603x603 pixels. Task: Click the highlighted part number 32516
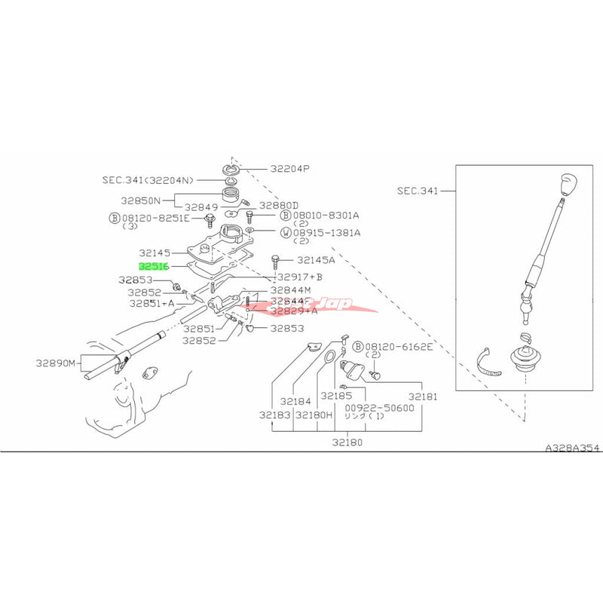pos(153,266)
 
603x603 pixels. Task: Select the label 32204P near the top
pos(285,168)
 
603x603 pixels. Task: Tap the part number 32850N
pos(140,201)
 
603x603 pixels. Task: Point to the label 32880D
pos(279,205)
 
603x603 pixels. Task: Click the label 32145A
pos(311,260)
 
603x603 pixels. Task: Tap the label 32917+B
pos(297,277)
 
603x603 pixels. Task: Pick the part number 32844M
pos(291,289)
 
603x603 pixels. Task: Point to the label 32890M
pos(56,363)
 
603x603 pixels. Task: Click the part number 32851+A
pos(152,303)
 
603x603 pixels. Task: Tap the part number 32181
pos(424,395)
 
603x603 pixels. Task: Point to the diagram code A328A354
pos(573,448)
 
